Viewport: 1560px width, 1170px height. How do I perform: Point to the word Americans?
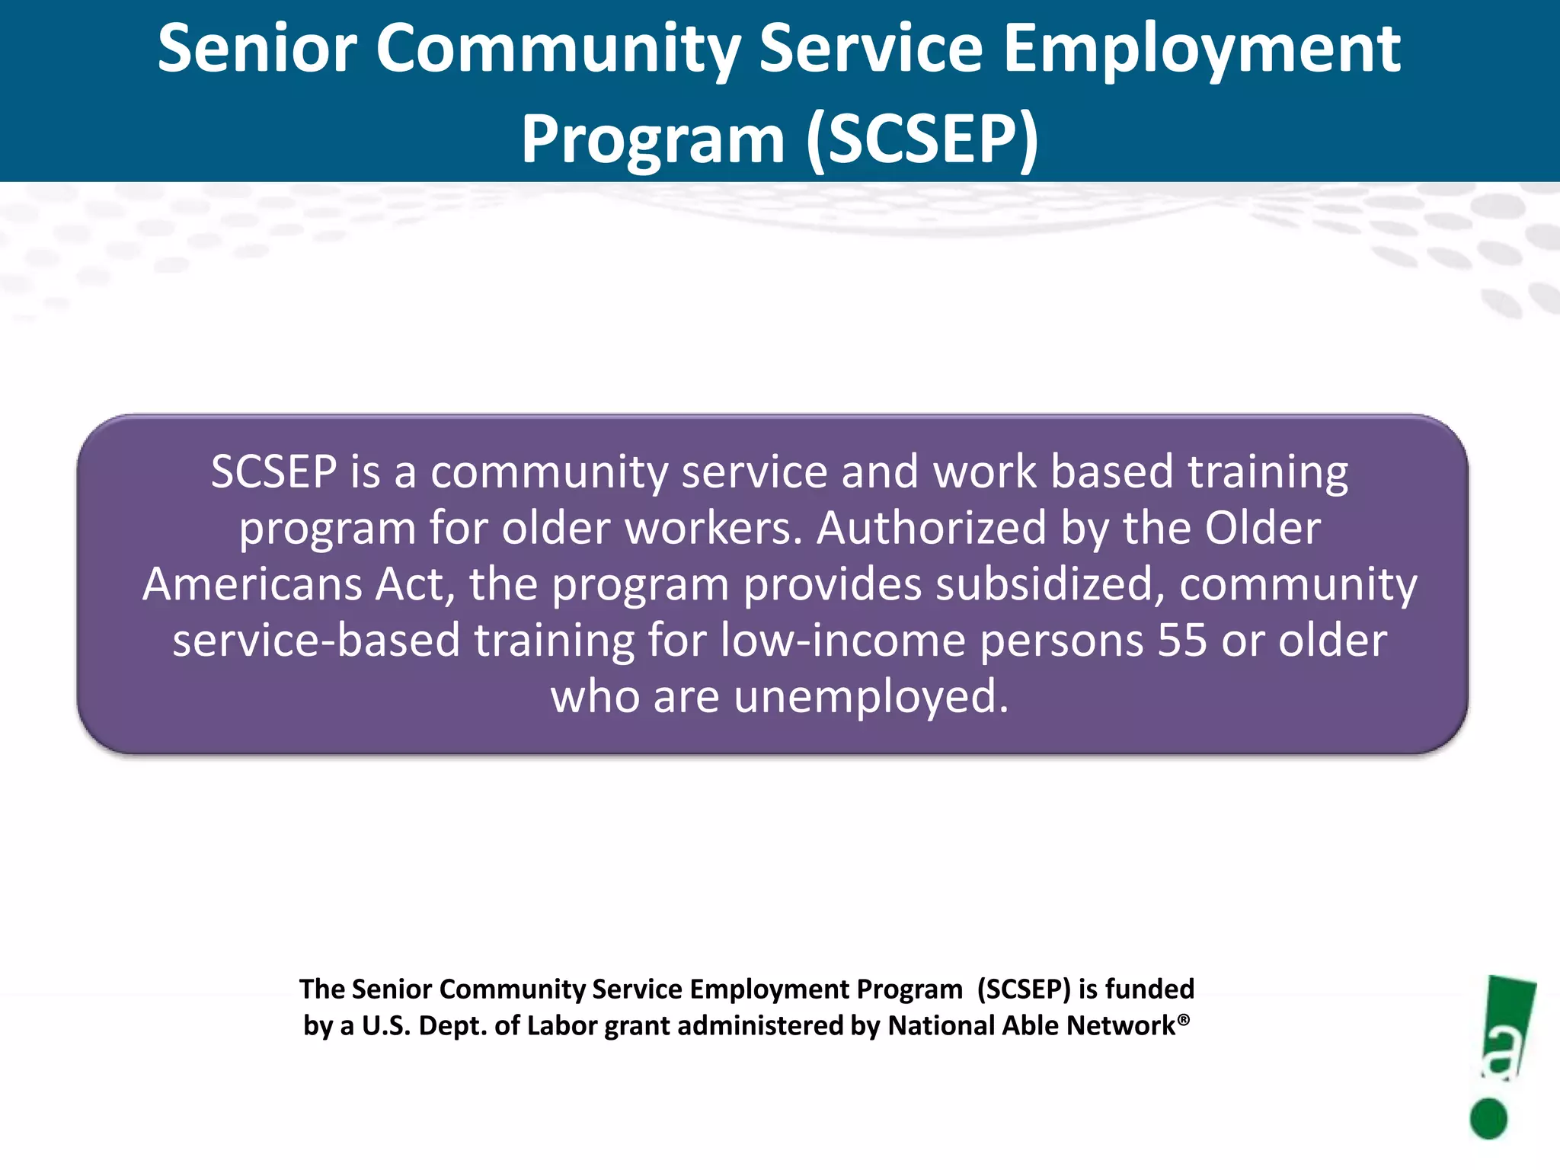[252, 584]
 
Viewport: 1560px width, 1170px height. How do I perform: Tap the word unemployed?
[871, 696]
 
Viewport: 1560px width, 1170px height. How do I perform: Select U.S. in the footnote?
[386, 1025]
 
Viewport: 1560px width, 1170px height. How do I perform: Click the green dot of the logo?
[1488, 1118]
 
